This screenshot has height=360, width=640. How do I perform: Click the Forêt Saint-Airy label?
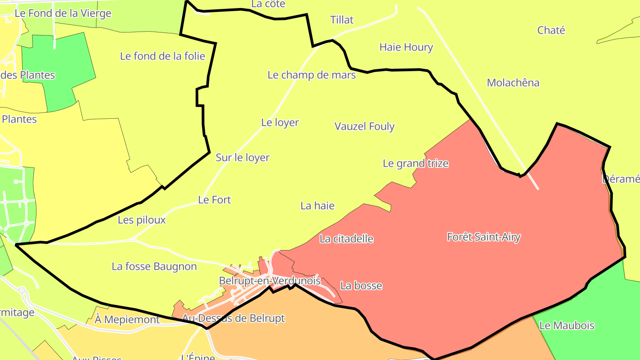484,237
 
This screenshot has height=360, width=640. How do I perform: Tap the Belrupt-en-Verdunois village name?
270,281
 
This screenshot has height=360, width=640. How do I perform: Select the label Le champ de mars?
312,75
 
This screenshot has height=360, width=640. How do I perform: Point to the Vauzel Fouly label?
364,126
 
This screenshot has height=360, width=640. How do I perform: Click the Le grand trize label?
416,164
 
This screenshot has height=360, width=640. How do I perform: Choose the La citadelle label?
346,239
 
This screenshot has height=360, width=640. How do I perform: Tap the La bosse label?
361,285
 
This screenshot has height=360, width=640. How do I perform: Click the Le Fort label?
215,200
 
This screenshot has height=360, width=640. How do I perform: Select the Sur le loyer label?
243,157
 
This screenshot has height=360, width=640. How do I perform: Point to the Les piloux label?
142,220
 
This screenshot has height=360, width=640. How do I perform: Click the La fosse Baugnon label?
154,267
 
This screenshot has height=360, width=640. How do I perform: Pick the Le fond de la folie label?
163,56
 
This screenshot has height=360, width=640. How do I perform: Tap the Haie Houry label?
406,47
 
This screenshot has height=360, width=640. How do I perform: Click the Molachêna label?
513,83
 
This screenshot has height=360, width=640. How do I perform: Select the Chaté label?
551,30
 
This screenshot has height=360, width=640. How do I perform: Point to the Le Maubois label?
567,325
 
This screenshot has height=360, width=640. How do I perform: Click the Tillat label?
342,20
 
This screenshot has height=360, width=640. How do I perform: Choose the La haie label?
317,206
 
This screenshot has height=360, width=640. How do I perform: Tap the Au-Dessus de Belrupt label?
234,318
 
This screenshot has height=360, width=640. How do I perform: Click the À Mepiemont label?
127,319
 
